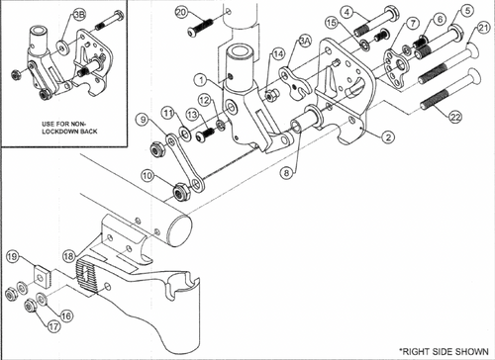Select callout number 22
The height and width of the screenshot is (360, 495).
pos(454,118)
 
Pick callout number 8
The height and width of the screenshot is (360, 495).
pos(287,172)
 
